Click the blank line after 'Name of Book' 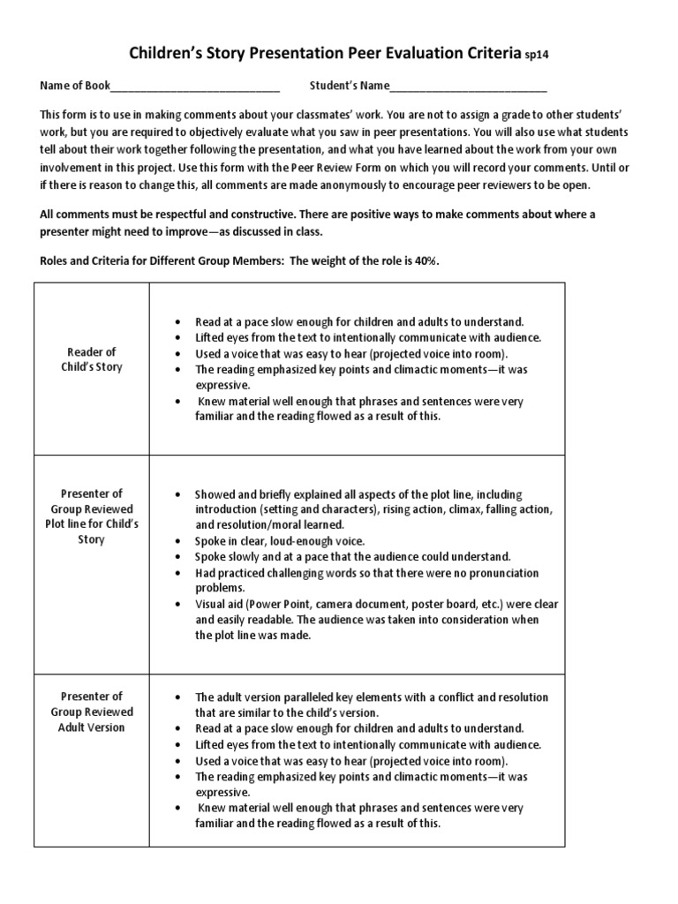(195, 87)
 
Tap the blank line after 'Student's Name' (468, 87)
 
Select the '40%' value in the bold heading (426, 261)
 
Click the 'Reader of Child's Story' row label (92, 359)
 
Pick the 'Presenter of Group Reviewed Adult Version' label (92, 712)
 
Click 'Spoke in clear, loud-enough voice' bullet (279, 541)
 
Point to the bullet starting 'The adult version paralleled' (371, 697)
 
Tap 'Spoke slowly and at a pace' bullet (352, 557)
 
